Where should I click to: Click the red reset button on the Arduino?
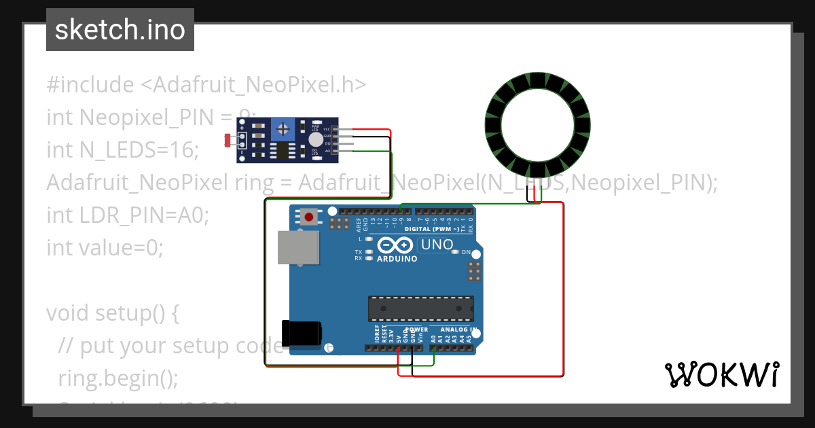tap(310, 217)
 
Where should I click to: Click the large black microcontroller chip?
tap(420, 308)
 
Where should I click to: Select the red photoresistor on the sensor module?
tap(228, 141)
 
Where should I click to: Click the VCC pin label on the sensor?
tap(327, 129)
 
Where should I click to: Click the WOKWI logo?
tap(721, 374)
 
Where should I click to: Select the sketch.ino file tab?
tap(120, 30)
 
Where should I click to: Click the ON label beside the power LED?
tap(466, 252)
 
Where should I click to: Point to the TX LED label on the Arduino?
tap(359, 252)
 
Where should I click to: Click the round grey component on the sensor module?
tap(315, 139)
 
